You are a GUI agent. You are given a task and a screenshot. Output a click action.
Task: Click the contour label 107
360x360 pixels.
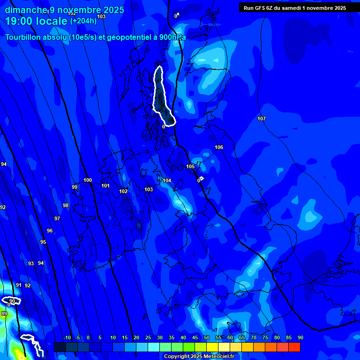(x=262, y=119)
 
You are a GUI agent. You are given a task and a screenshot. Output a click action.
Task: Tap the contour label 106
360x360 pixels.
(x=219, y=148)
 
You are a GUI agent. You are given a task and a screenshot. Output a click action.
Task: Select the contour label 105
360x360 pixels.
(x=190, y=167)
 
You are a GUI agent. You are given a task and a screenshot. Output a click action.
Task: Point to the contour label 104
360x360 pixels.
(x=167, y=181)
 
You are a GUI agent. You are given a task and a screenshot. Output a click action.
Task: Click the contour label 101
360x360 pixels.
(x=105, y=186)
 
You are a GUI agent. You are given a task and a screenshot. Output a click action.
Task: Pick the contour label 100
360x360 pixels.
(x=88, y=180)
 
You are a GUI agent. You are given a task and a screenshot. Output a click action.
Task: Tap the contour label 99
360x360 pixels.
(x=75, y=187)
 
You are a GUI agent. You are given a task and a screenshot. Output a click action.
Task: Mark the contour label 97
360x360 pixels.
(x=57, y=219)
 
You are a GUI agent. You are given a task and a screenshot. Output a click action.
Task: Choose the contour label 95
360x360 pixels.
(x=43, y=242)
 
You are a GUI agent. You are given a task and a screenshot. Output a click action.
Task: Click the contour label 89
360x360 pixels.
(x=4, y=314)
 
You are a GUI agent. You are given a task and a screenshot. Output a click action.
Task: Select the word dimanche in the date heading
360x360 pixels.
(x=26, y=10)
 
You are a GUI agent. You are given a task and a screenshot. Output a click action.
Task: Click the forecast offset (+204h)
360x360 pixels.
(x=83, y=21)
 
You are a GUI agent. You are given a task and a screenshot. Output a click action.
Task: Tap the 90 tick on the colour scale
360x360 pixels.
(x=300, y=338)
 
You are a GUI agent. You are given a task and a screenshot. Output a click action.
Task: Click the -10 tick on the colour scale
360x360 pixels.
(x=67, y=338)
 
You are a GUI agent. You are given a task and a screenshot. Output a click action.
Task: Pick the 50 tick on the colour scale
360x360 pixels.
(x=207, y=338)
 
